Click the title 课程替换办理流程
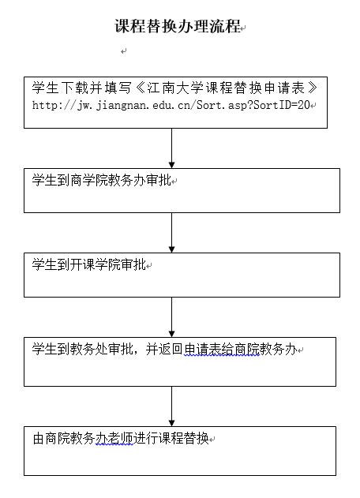pyautogui.click(x=178, y=26)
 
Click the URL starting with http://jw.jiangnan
pyautogui.click(x=171, y=105)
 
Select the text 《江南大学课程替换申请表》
pyautogui.click(x=227, y=88)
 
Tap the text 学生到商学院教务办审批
pyautogui.click(x=101, y=181)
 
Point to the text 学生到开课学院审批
pyautogui.click(x=88, y=264)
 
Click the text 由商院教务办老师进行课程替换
pyautogui.click(x=121, y=439)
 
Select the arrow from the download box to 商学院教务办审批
pyautogui.click(x=171, y=148)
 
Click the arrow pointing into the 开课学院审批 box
pyautogui.click(x=171, y=233)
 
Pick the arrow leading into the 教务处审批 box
pyautogui.click(x=171, y=317)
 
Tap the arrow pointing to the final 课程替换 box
pyautogui.click(x=171, y=406)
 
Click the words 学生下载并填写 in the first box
pyautogui.click(x=81, y=88)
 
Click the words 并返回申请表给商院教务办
pyautogui.click(x=221, y=350)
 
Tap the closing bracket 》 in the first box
pyautogui.click(x=313, y=88)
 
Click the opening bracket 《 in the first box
pyautogui.click(x=140, y=88)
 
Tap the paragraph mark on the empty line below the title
pyautogui.click(x=124, y=51)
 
